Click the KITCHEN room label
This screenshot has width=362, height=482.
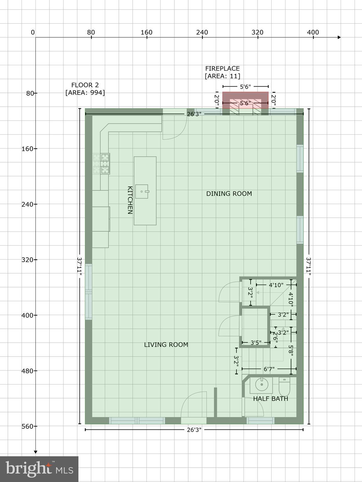tap(130, 200)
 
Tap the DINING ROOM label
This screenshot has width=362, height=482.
tap(229, 194)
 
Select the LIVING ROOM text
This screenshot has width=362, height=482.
tap(166, 345)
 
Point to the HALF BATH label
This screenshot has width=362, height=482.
tap(270, 399)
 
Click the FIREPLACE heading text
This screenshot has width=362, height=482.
tap(222, 68)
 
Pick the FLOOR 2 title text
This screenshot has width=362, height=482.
tap(85, 85)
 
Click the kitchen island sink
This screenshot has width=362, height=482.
tap(142, 191)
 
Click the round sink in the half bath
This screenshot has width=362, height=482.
tap(261, 384)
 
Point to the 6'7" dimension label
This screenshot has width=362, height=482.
tap(269, 369)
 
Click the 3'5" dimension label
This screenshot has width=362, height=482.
tap(256, 343)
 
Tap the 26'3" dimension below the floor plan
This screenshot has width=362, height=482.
tap(194, 430)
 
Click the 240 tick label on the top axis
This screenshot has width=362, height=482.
tap(202, 32)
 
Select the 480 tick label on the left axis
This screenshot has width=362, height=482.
tap(27, 371)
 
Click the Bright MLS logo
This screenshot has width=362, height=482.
tap(39, 469)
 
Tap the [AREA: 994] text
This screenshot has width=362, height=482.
tap(85, 93)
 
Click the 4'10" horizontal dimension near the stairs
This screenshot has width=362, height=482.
tap(276, 285)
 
